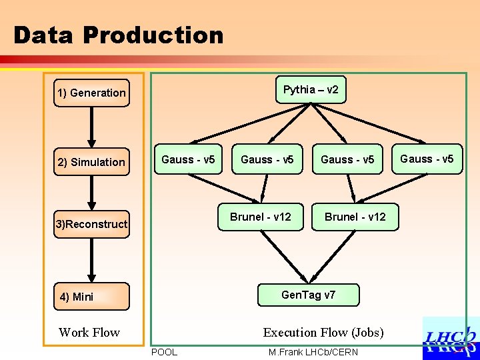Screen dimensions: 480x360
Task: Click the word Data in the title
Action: pyautogui.click(x=43, y=35)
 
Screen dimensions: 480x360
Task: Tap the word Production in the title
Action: pyautogui.click(x=153, y=35)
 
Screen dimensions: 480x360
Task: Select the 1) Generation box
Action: pyautogui.click(x=91, y=93)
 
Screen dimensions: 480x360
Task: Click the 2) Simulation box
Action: pyautogui.click(x=91, y=161)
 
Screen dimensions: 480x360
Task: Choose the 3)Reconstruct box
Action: pyautogui.click(x=91, y=224)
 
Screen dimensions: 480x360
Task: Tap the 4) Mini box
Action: pyautogui.click(x=91, y=296)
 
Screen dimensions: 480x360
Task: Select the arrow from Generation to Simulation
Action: pyautogui.click(x=91, y=127)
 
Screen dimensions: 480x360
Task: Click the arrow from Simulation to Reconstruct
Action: pyautogui.click(x=91, y=193)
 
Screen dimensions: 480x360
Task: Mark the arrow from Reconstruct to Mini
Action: pyautogui.click(x=91, y=260)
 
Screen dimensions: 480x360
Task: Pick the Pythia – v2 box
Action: pyautogui.click(x=311, y=90)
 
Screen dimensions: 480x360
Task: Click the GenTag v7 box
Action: pyautogui.click(x=308, y=295)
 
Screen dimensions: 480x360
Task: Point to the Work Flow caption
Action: pyautogui.click(x=89, y=333)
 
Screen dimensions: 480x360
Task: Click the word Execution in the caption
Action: pyautogui.click(x=290, y=333)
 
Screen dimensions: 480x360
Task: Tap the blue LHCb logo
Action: pyautogui.click(x=451, y=339)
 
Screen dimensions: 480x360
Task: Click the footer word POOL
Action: pyautogui.click(x=165, y=353)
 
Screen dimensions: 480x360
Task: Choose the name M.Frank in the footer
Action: pyautogui.click(x=286, y=353)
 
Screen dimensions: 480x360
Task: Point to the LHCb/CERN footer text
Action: pyautogui.click(x=331, y=353)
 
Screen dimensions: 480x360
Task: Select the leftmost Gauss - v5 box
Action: pyautogui.click(x=188, y=159)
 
